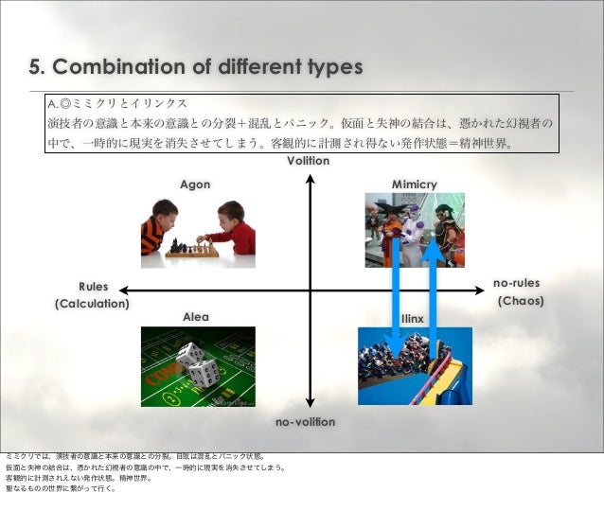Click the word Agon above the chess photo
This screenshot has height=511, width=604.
pyautogui.click(x=195, y=184)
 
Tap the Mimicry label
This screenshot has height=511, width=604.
pyautogui.click(x=415, y=184)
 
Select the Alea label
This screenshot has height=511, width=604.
pyautogui.click(x=196, y=317)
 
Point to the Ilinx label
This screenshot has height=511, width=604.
pyautogui.click(x=413, y=319)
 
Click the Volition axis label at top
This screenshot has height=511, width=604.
pyautogui.click(x=309, y=162)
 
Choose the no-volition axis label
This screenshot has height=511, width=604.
pyautogui.click(x=305, y=421)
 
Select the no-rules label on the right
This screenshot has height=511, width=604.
pyautogui.click(x=516, y=283)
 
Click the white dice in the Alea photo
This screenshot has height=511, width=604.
pyautogui.click(x=196, y=363)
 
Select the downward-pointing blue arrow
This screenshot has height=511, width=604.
pyautogui.click(x=399, y=293)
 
